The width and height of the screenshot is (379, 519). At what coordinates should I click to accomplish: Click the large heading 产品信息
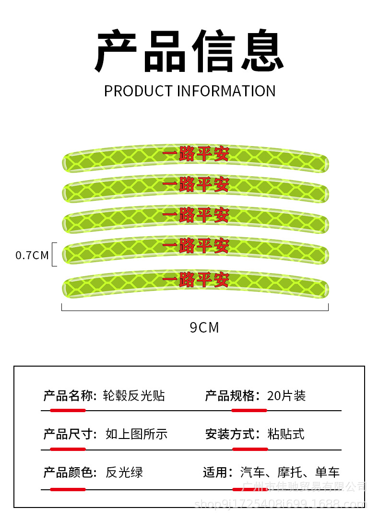tap(189, 52)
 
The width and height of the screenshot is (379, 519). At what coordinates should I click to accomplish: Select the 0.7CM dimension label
tap(32, 255)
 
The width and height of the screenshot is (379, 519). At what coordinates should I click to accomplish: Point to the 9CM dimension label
tap(204, 328)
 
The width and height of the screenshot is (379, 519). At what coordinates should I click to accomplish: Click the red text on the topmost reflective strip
tap(196, 154)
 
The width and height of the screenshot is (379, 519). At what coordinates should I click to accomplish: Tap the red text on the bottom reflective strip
tap(196, 280)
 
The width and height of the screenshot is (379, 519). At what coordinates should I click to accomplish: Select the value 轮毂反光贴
tap(135, 395)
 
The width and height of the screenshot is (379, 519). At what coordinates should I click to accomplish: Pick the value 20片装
tap(286, 395)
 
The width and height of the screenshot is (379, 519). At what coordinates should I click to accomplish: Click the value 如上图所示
tap(136, 434)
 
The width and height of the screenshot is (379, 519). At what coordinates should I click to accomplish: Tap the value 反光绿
tap(124, 473)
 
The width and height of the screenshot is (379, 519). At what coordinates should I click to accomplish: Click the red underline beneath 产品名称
tap(68, 411)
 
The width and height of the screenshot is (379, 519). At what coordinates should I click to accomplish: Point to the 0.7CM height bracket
tap(54, 254)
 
